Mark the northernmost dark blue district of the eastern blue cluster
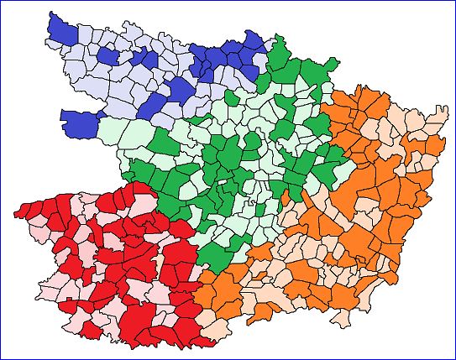tap(252, 40)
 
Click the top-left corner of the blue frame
tap(1, 1)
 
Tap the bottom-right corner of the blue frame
tap(454, 358)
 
